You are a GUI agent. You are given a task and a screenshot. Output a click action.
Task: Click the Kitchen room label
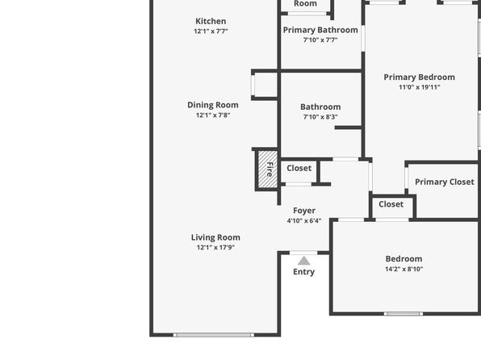coord(211,21)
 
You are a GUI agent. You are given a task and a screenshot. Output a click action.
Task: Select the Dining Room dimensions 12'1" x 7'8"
coord(213,115)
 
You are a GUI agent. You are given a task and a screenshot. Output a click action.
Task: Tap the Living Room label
coord(215,237)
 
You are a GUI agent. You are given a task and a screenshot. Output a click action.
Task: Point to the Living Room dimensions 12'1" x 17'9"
coord(215,247)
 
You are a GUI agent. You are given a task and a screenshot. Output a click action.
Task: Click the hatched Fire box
coord(267,170)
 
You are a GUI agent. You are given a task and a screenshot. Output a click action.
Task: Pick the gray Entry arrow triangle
coord(303,261)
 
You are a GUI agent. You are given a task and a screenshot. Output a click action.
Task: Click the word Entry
coord(303,272)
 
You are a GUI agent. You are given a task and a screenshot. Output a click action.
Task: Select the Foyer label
coord(304,211)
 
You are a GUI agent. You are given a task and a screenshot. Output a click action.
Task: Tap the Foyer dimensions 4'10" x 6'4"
coord(304,220)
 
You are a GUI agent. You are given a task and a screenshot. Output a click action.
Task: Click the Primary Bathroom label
coord(320,30)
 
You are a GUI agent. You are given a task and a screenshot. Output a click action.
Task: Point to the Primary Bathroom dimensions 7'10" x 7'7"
coord(320,40)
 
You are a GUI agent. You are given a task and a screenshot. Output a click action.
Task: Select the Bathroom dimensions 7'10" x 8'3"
coord(320,117)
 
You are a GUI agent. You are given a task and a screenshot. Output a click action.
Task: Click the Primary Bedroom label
coord(420,77)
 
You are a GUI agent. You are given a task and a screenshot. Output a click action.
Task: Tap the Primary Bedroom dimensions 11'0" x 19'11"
coord(420,87)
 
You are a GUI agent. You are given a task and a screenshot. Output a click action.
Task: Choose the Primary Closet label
coord(445,182)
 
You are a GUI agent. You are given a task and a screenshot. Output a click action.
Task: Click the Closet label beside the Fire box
coord(299,168)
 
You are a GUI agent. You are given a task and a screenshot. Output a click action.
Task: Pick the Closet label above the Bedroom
coord(391,204)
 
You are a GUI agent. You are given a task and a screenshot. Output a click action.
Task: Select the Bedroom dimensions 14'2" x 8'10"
coord(404,269)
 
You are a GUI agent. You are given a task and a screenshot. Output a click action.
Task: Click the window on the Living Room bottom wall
coord(214,335)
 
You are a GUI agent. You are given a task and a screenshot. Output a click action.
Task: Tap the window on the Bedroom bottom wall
coord(404,314)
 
